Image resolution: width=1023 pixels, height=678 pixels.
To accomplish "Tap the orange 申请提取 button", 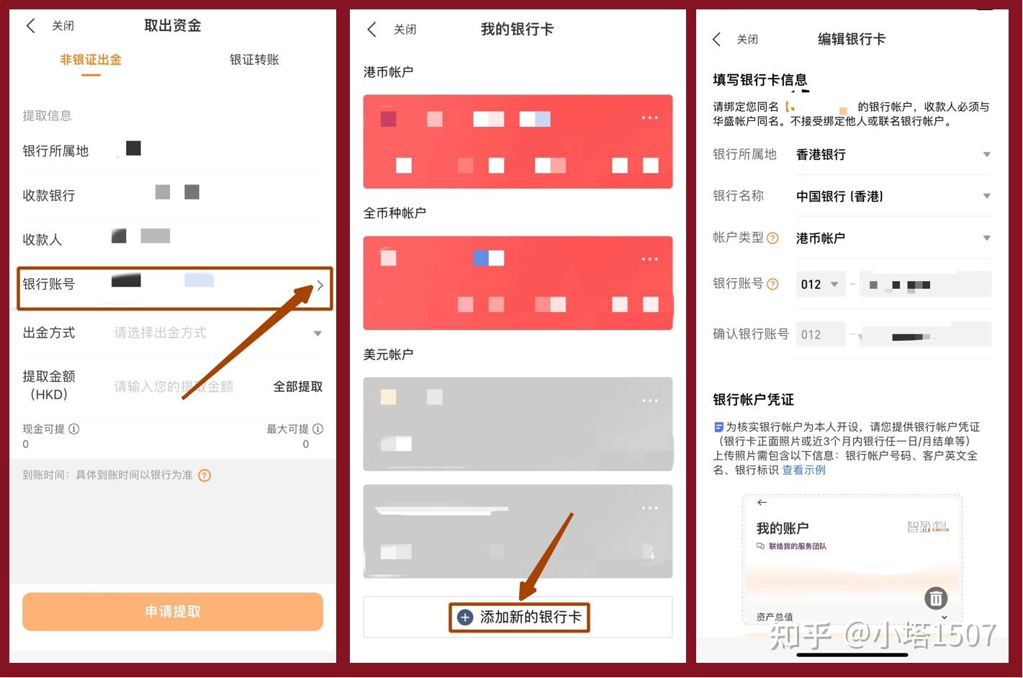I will (x=173, y=612).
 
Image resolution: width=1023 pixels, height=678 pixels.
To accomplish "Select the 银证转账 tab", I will (x=254, y=60).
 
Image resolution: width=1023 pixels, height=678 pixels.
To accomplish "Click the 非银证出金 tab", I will (x=91, y=60).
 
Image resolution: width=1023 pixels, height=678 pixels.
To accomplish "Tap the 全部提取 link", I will (x=298, y=387).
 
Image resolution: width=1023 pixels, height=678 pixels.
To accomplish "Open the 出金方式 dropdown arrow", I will (x=317, y=334).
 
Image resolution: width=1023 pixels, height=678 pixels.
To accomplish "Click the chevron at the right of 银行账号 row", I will (x=320, y=285).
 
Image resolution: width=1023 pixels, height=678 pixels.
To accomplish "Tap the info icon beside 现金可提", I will (x=74, y=429).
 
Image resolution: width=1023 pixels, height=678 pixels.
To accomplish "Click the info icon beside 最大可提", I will (x=318, y=429).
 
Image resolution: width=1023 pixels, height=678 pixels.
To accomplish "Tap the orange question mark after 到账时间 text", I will (x=204, y=476).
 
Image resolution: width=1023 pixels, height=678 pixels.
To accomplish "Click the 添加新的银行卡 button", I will (x=519, y=617).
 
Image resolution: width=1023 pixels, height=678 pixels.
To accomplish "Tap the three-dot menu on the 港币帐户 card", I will (x=649, y=117).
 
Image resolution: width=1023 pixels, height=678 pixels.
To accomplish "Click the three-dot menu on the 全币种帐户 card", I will (x=649, y=259).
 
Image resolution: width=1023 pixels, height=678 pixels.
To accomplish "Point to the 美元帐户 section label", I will (x=388, y=354).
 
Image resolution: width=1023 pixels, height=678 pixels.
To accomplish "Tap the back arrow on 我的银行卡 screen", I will (x=372, y=30).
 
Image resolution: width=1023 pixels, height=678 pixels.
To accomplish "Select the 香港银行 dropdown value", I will (x=821, y=155).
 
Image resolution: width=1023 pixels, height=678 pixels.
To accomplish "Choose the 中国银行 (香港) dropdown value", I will (x=839, y=197).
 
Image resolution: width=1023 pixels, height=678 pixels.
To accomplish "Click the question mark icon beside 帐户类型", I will (x=772, y=238).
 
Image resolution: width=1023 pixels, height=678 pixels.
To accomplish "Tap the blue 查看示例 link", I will (x=804, y=470).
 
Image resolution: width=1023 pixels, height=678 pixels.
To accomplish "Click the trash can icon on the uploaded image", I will (x=936, y=598).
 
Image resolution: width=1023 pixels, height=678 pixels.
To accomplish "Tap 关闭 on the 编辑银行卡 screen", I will (x=747, y=40).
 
